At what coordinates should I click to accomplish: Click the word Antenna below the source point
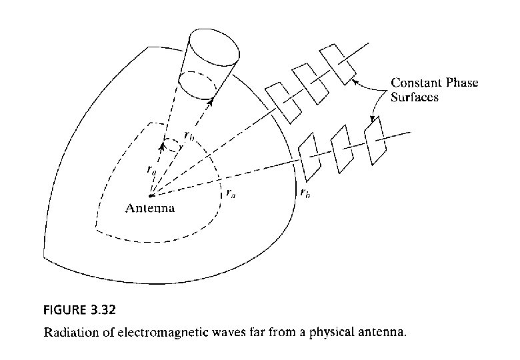click(x=150, y=208)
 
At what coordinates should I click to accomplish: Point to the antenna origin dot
click(x=151, y=195)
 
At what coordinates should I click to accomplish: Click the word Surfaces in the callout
click(x=413, y=97)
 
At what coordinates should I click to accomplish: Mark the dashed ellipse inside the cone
click(x=204, y=85)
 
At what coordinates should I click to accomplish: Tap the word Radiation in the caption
click(x=67, y=331)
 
